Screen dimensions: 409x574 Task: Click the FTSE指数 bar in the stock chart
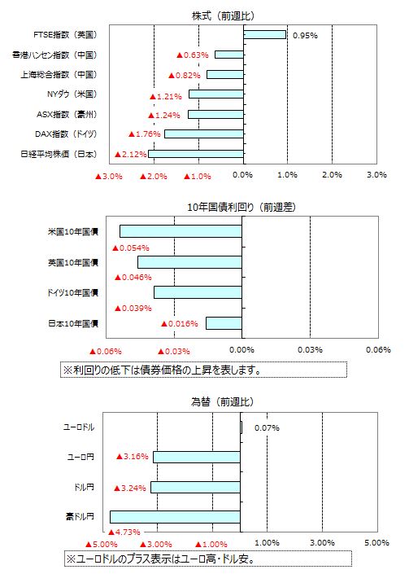pyautogui.click(x=264, y=35)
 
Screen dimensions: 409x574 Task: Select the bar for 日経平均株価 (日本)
pyautogui.click(x=196, y=154)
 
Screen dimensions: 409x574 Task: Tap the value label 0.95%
pyautogui.click(x=305, y=36)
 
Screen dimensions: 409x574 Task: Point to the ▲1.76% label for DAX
pyautogui.click(x=145, y=134)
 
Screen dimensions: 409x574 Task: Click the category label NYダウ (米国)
pyautogui.click(x=72, y=94)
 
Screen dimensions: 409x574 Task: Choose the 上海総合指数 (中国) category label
pyautogui.click(x=59, y=74)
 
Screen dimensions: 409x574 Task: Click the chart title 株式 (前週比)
pyautogui.click(x=223, y=15)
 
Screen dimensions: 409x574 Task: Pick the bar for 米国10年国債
pyautogui.click(x=181, y=231)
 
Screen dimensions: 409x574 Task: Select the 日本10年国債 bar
pyautogui.click(x=224, y=323)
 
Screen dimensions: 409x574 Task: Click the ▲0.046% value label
pyautogui.click(x=133, y=277)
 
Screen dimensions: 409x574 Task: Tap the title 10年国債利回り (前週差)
pyautogui.click(x=241, y=207)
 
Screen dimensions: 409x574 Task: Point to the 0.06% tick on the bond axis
pyautogui.click(x=378, y=349)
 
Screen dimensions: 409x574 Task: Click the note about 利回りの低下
pyautogui.click(x=203, y=370)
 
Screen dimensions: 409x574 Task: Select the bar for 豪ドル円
pyautogui.click(x=175, y=517)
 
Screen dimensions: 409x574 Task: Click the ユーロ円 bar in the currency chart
pyautogui.click(x=197, y=458)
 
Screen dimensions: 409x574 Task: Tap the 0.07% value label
pyautogui.click(x=267, y=427)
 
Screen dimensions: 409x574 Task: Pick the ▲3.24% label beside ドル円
pyautogui.click(x=130, y=488)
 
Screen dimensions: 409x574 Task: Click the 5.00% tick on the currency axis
pyautogui.click(x=376, y=542)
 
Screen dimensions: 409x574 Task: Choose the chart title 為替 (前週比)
pyautogui.click(x=222, y=401)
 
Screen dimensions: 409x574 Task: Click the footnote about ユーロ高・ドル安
pyautogui.click(x=208, y=559)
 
